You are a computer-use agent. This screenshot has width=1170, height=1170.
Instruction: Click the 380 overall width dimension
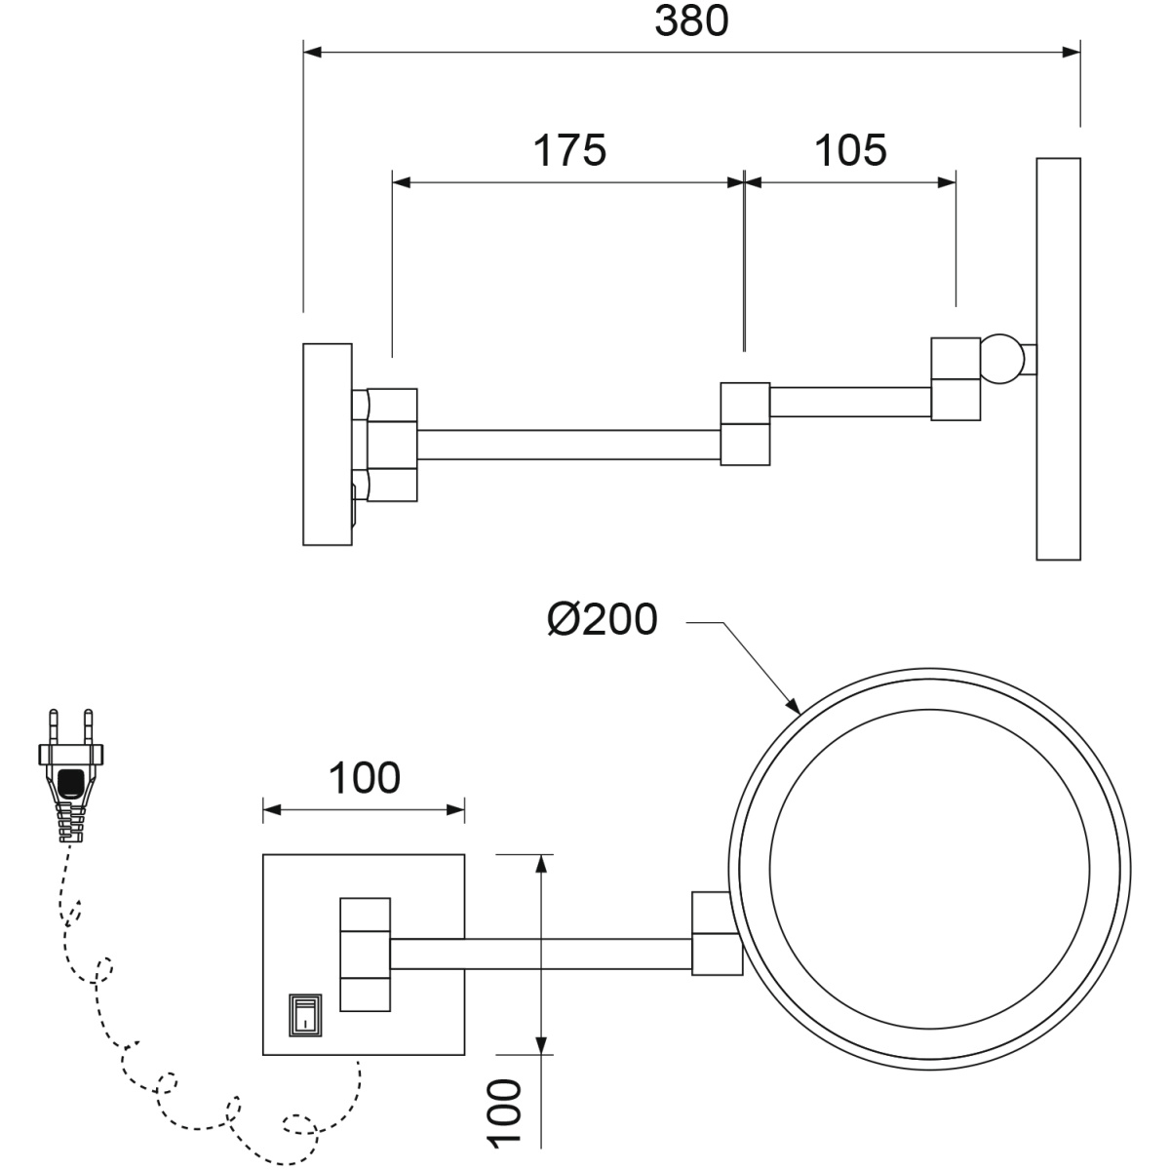coord(691,21)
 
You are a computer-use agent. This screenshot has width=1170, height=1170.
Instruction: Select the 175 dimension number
coord(569,150)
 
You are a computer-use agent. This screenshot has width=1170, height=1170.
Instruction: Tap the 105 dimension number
coord(850,150)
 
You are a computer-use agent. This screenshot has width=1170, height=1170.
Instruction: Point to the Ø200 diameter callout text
coord(602,619)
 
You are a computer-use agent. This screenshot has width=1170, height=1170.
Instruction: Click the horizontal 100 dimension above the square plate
coord(365,778)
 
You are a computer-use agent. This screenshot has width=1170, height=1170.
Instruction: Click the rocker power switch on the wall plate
coord(305,1015)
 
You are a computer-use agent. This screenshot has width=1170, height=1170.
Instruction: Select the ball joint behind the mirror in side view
coord(1000,359)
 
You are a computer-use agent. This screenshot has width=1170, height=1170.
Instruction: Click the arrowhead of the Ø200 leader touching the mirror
coord(795,706)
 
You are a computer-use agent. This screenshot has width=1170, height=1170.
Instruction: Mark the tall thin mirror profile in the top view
coord(1058,359)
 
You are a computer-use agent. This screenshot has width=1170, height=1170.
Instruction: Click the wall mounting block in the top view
coord(328,445)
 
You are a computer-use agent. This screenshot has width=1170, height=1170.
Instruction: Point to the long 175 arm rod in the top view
coord(568,445)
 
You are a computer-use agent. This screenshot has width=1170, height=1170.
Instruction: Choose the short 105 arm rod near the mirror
coord(850,402)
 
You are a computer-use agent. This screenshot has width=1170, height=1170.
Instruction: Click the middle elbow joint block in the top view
coord(745,424)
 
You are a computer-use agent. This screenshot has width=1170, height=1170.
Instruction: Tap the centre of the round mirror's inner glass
coord(929,869)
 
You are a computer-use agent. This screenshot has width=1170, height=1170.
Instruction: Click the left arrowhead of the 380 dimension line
coord(312,53)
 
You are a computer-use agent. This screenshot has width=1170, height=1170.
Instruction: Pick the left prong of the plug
coord(53,726)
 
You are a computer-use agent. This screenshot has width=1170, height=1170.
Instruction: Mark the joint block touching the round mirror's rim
coord(717,933)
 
